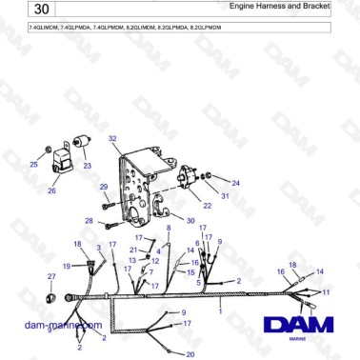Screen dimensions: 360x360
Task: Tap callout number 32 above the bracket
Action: pyautogui.click(x=112, y=139)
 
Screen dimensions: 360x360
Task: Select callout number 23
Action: pyautogui.click(x=87, y=166)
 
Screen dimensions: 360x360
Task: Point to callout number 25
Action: pyautogui.click(x=34, y=165)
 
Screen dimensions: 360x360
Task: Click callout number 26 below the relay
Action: pyautogui.click(x=51, y=190)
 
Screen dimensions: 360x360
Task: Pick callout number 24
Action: pyautogui.click(x=236, y=182)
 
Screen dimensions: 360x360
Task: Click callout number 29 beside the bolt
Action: pyautogui.click(x=105, y=188)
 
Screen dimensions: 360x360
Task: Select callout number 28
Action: pyautogui.click(x=89, y=221)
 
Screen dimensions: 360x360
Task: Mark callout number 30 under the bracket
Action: pyautogui.click(x=190, y=220)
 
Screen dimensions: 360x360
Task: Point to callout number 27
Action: pyautogui.click(x=51, y=276)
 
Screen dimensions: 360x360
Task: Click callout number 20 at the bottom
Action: pyautogui.click(x=190, y=354)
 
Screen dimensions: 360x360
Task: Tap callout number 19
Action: pyautogui.click(x=67, y=266)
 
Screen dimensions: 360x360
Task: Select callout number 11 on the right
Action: pyautogui.click(x=326, y=291)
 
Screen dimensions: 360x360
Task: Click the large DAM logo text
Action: pyautogui.click(x=298, y=327)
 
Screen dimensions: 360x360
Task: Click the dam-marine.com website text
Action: pyautogui.click(x=63, y=325)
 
